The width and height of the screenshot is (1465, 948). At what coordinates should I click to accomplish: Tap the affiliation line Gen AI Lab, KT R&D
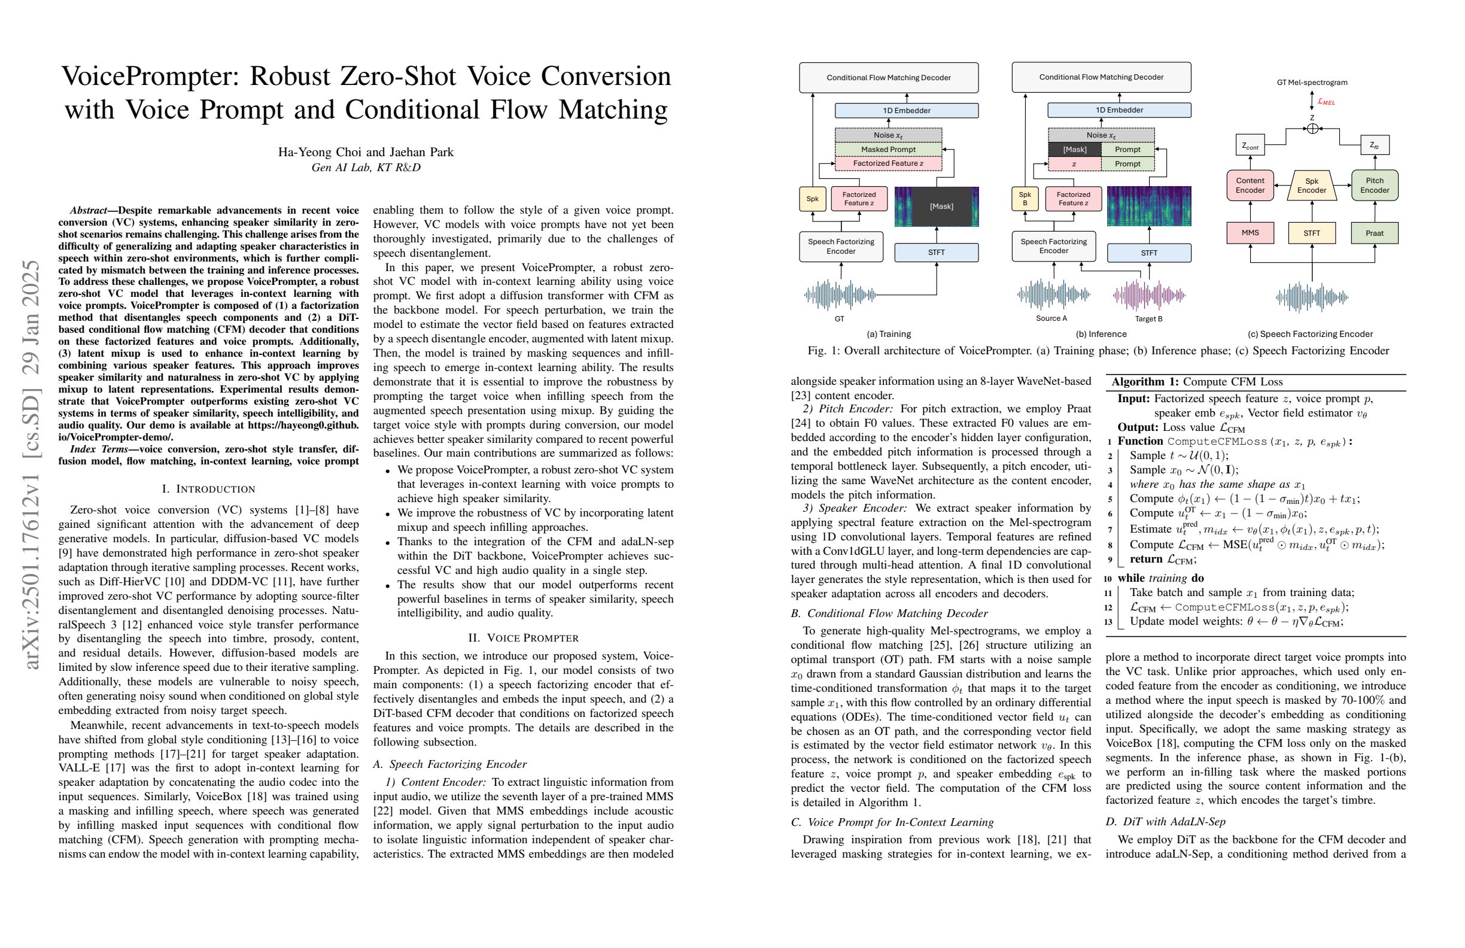coord(366,168)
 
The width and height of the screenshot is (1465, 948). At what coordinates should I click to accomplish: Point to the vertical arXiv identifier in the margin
coord(31,465)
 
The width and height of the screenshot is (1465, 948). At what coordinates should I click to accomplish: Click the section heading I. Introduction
coord(208,489)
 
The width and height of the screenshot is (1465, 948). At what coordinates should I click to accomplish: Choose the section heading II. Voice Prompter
coord(522,637)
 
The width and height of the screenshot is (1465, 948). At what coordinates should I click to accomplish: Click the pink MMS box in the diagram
coord(1250,233)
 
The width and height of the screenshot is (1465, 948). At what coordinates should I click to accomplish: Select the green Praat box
coord(1374,233)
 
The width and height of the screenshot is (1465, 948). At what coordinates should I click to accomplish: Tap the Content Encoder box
coord(1250,186)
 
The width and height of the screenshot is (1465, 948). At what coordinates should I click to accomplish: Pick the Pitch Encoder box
coord(1374,186)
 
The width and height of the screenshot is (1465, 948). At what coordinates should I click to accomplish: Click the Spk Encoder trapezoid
coord(1312,186)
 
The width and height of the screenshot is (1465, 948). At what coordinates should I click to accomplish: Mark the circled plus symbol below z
coord(1312,129)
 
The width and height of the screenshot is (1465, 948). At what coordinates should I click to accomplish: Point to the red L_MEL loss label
coord(1326,102)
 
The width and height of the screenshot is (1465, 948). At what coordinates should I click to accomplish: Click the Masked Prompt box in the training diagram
coord(887,149)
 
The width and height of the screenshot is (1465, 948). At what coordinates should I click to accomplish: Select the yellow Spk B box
coord(1025,199)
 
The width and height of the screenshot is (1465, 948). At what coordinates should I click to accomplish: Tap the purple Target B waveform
coord(1148,296)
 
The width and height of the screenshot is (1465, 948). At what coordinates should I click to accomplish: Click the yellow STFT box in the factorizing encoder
coord(1312,233)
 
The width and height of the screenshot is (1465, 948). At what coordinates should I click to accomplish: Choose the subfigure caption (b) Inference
coord(1101,333)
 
